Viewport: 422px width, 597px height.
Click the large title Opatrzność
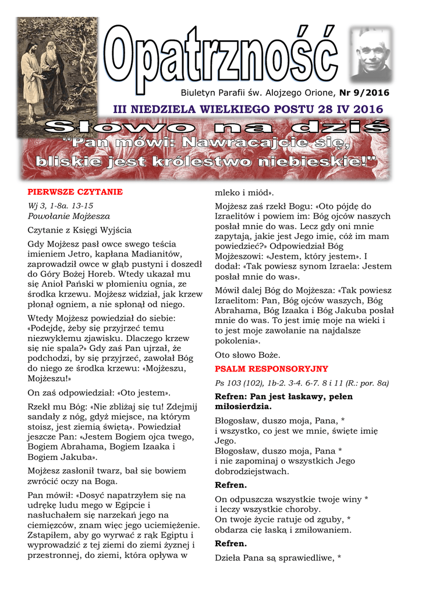pyautogui.click(x=222, y=58)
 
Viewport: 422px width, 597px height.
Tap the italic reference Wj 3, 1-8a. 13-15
pyautogui.click(x=61, y=206)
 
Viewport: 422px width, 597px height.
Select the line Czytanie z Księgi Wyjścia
pyautogui.click(x=80, y=230)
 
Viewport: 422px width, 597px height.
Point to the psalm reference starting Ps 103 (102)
pyautogui.click(x=302, y=383)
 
